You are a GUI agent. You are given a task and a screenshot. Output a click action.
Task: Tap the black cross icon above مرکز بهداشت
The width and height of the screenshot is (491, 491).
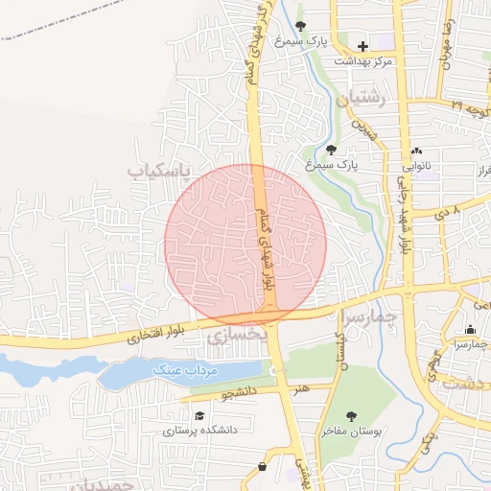coord(362,45)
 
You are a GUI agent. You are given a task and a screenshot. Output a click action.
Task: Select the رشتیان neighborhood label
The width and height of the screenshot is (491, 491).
coord(361,98)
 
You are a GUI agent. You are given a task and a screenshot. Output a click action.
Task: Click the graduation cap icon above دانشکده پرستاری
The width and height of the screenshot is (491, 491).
coord(199,415)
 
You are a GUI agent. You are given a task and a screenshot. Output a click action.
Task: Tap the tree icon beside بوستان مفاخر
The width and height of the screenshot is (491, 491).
coord(352,415)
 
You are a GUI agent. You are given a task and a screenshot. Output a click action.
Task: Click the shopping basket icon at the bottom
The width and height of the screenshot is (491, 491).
coord(263,467)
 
